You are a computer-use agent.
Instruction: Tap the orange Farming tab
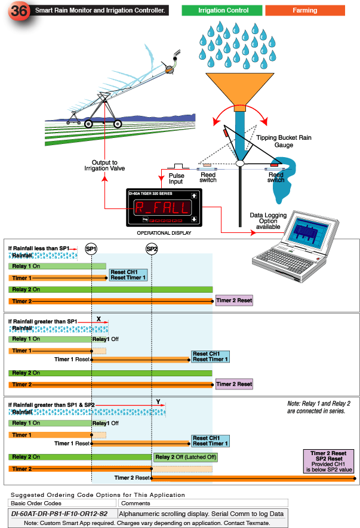click(x=304, y=10)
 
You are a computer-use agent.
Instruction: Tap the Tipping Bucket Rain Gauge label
click(x=284, y=141)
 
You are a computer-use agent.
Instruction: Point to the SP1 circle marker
click(x=91, y=248)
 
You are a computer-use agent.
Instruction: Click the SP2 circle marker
click(x=152, y=248)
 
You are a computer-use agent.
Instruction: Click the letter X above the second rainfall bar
click(x=99, y=320)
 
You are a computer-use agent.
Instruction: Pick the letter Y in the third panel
click(x=158, y=403)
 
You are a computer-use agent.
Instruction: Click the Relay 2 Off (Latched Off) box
click(x=185, y=458)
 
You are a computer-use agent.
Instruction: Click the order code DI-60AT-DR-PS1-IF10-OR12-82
click(x=59, y=513)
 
